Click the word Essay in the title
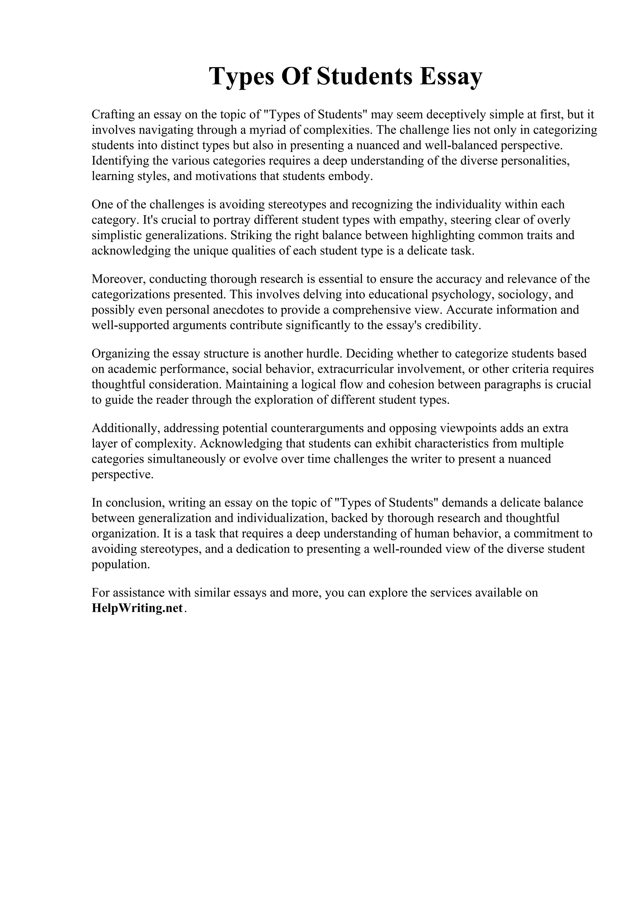451,77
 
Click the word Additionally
126,428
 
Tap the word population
121,565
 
